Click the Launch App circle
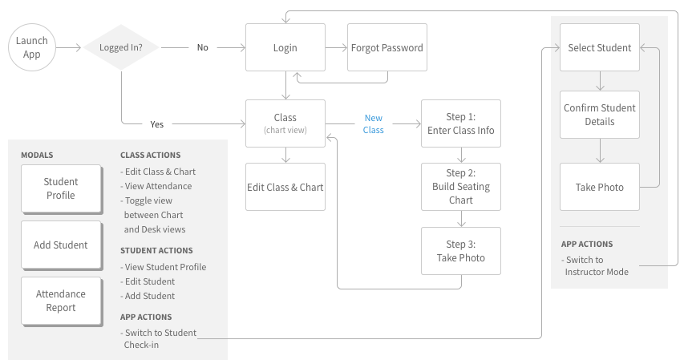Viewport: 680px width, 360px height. (32, 47)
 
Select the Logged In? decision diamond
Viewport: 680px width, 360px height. (121, 47)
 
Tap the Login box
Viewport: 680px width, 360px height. (285, 47)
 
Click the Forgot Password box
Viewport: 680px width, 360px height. (387, 47)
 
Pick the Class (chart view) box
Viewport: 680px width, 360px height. (285, 123)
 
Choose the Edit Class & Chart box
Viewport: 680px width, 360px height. (285, 187)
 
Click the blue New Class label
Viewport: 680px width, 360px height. (373, 124)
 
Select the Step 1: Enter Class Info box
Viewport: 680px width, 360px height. (460, 123)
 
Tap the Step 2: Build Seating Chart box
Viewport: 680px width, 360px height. (460, 187)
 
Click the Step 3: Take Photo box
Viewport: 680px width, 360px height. (460, 250)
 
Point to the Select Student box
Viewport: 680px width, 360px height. (599, 47)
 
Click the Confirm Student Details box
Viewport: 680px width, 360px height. (599, 115)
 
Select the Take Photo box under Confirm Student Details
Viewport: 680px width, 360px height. (599, 187)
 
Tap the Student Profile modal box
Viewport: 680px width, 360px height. (61, 189)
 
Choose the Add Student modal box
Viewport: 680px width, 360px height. (61, 245)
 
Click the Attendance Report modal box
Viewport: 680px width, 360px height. (61, 301)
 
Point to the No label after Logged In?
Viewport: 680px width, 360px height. (203, 47)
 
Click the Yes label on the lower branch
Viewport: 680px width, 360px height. (157, 124)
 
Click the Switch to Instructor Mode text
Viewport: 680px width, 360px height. (596, 265)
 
